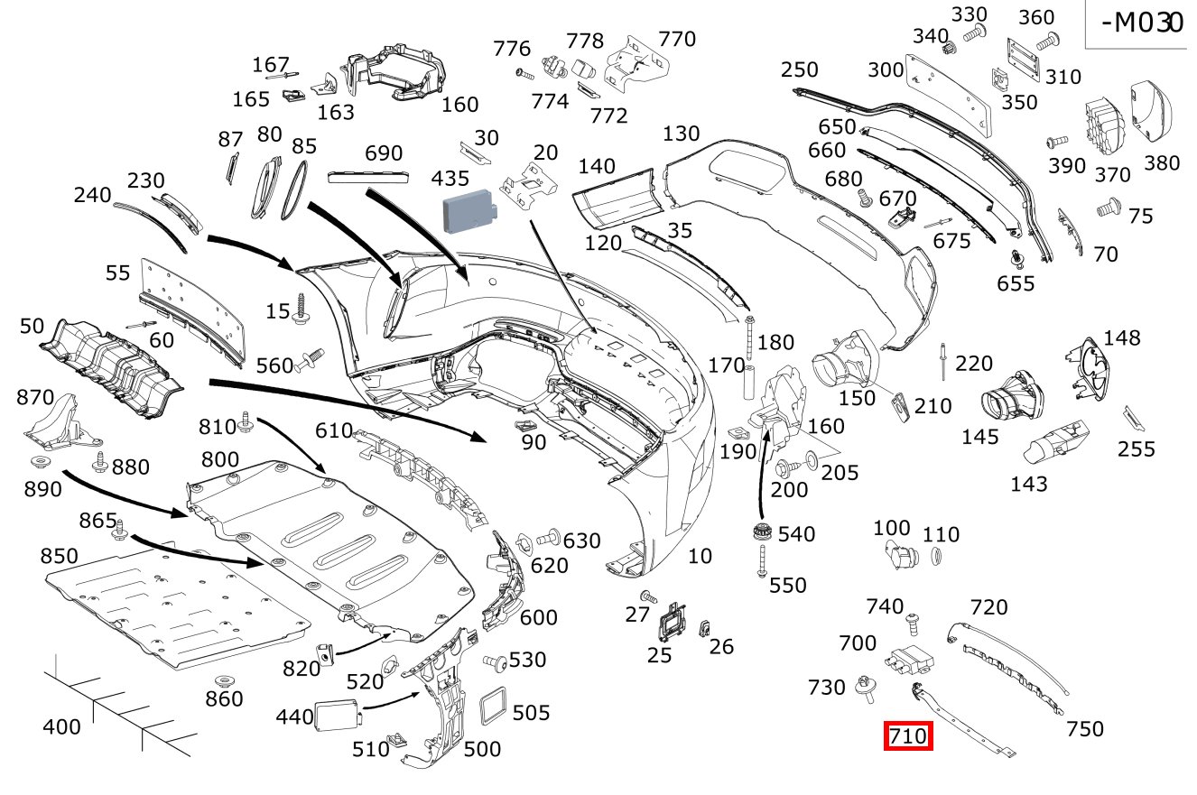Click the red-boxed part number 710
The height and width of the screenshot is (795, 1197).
coord(907,736)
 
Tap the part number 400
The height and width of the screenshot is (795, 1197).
coord(61,726)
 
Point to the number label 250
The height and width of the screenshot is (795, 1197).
coord(799,69)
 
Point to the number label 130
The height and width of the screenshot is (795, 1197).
coord(681,134)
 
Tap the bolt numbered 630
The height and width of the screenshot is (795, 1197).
coord(548,539)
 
